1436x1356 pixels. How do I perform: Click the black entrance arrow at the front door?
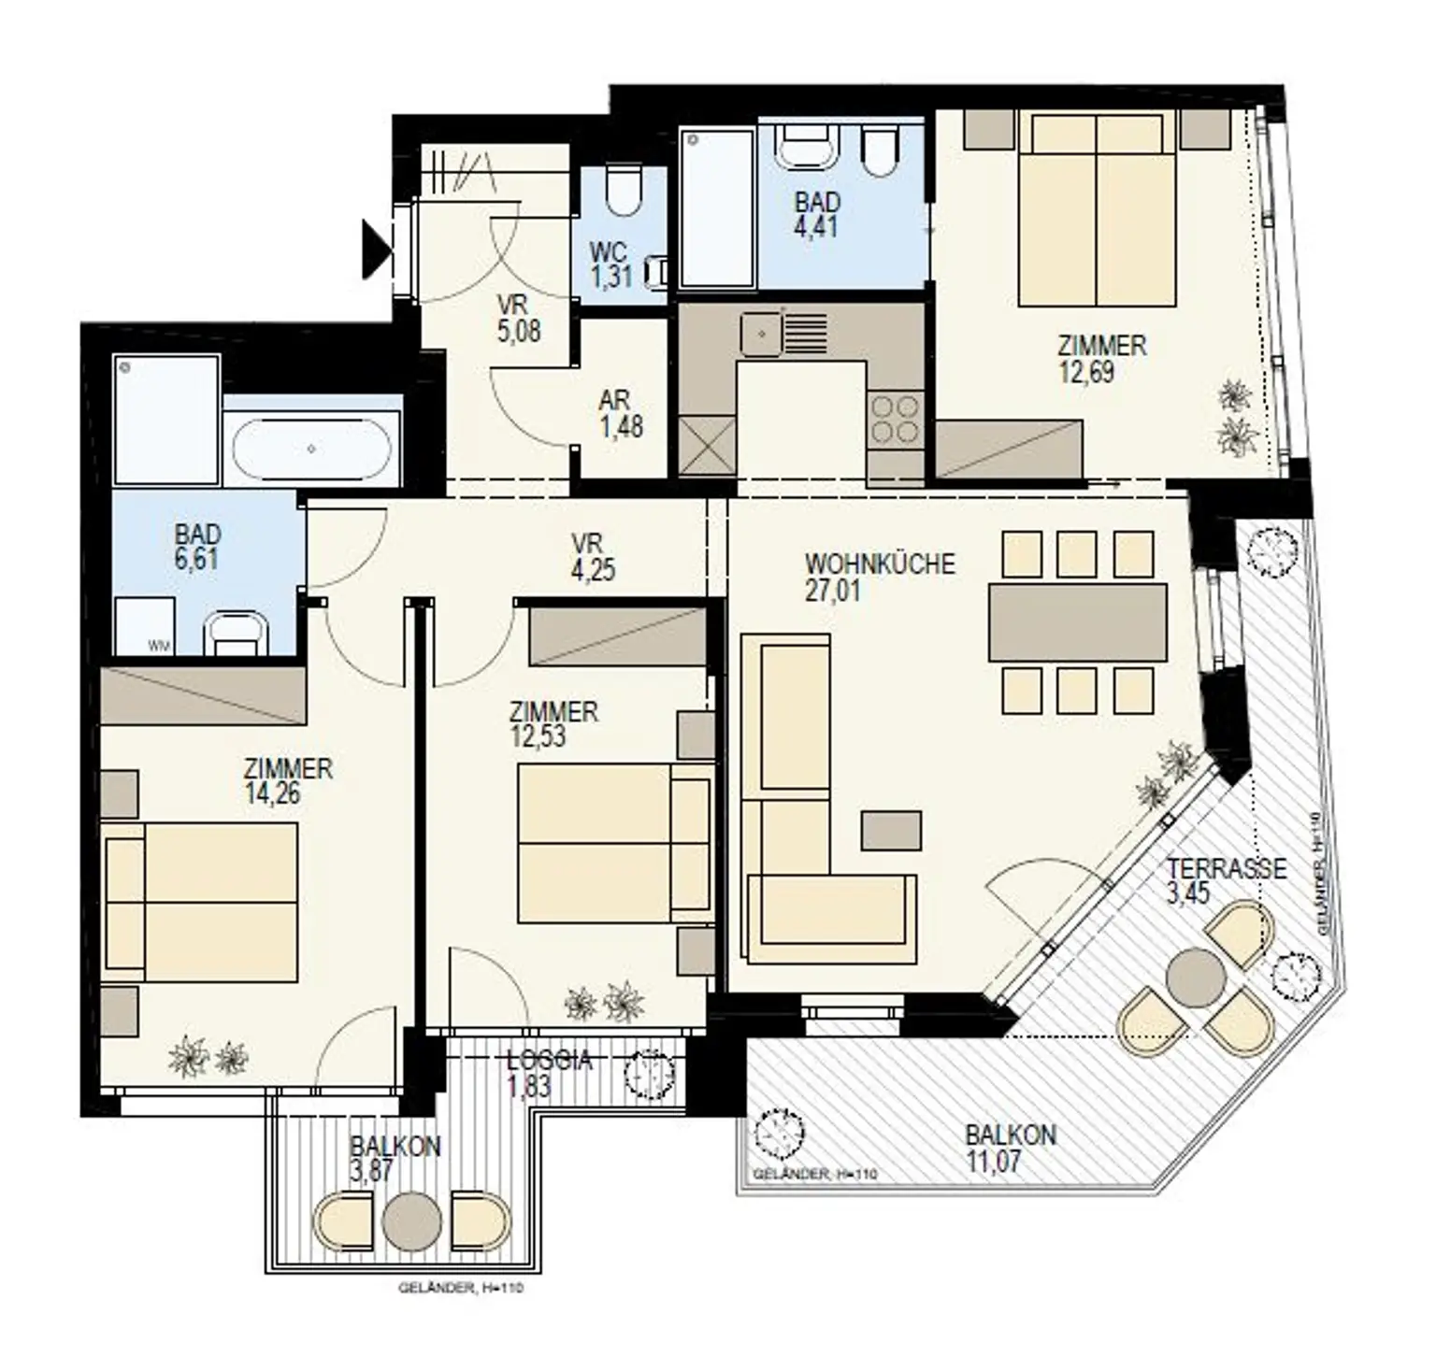click(376, 248)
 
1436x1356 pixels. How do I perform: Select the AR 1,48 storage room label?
click(621, 413)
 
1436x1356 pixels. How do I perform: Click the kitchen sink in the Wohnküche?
click(761, 335)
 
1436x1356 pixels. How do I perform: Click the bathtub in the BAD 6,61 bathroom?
click(310, 450)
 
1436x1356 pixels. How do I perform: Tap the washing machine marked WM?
click(145, 627)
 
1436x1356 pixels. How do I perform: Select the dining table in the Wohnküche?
click(1077, 622)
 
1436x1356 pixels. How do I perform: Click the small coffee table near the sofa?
click(891, 830)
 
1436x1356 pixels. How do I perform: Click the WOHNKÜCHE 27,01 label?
click(880, 577)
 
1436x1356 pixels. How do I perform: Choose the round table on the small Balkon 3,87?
click(411, 1220)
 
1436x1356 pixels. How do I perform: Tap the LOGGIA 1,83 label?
click(550, 1073)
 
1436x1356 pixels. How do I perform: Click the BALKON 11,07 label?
click(1011, 1149)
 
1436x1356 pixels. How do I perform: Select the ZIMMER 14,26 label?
click(287, 780)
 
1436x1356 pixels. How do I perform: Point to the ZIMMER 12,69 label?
click(1101, 358)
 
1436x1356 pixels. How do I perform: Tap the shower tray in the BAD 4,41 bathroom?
click(717, 208)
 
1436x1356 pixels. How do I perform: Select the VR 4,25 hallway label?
click(594, 556)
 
